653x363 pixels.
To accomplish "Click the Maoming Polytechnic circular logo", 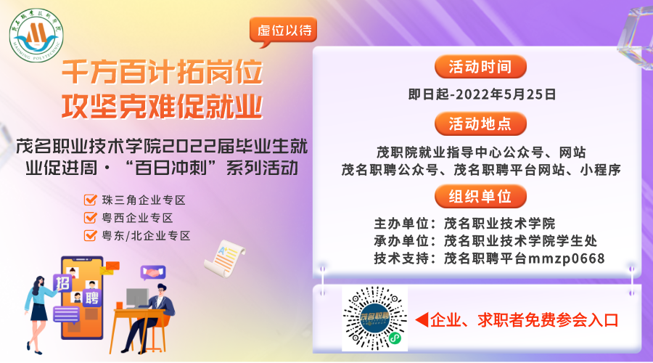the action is pyautogui.click(x=36, y=35).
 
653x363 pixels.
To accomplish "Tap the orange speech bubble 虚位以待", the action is pyautogui.click(x=283, y=31).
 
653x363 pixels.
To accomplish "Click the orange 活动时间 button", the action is pyautogui.click(x=480, y=67).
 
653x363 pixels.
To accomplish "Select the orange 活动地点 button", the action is pyautogui.click(x=480, y=123).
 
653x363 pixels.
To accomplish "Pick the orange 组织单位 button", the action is pyautogui.click(x=480, y=196).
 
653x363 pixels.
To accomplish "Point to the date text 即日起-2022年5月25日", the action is pyautogui.click(x=482, y=94).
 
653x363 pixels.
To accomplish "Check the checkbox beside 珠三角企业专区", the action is pyautogui.click(x=91, y=200).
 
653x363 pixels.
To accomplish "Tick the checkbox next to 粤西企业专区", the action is pyautogui.click(x=91, y=218).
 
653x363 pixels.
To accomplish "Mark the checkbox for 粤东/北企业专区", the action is pyautogui.click(x=91, y=235).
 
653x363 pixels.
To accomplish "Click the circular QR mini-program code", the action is pyautogui.click(x=375, y=319).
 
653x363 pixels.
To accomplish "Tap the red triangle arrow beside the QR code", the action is pyautogui.click(x=422, y=319).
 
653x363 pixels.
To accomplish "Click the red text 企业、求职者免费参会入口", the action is pyautogui.click(x=525, y=320).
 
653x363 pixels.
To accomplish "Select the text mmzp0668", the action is pyautogui.click(x=567, y=258).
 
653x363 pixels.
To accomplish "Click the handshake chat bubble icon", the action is pyautogui.click(x=153, y=273).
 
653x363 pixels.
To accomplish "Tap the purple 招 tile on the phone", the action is pyautogui.click(x=62, y=283).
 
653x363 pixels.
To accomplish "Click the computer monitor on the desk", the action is pyautogui.click(x=137, y=298).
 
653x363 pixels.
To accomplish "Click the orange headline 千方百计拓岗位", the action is pyautogui.click(x=163, y=72).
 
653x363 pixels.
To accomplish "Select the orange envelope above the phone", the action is pyautogui.click(x=112, y=266).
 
